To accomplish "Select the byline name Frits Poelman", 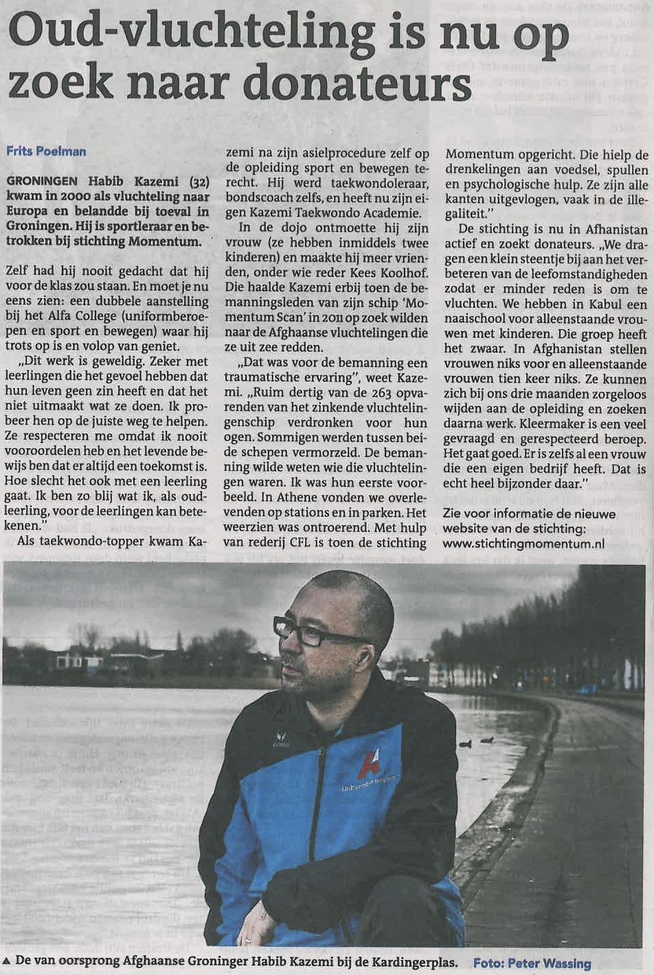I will pyautogui.click(x=46, y=151).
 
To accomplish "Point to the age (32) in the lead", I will pyautogui.click(x=197, y=181).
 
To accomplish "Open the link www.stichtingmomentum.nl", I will pyautogui.click(x=523, y=543).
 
